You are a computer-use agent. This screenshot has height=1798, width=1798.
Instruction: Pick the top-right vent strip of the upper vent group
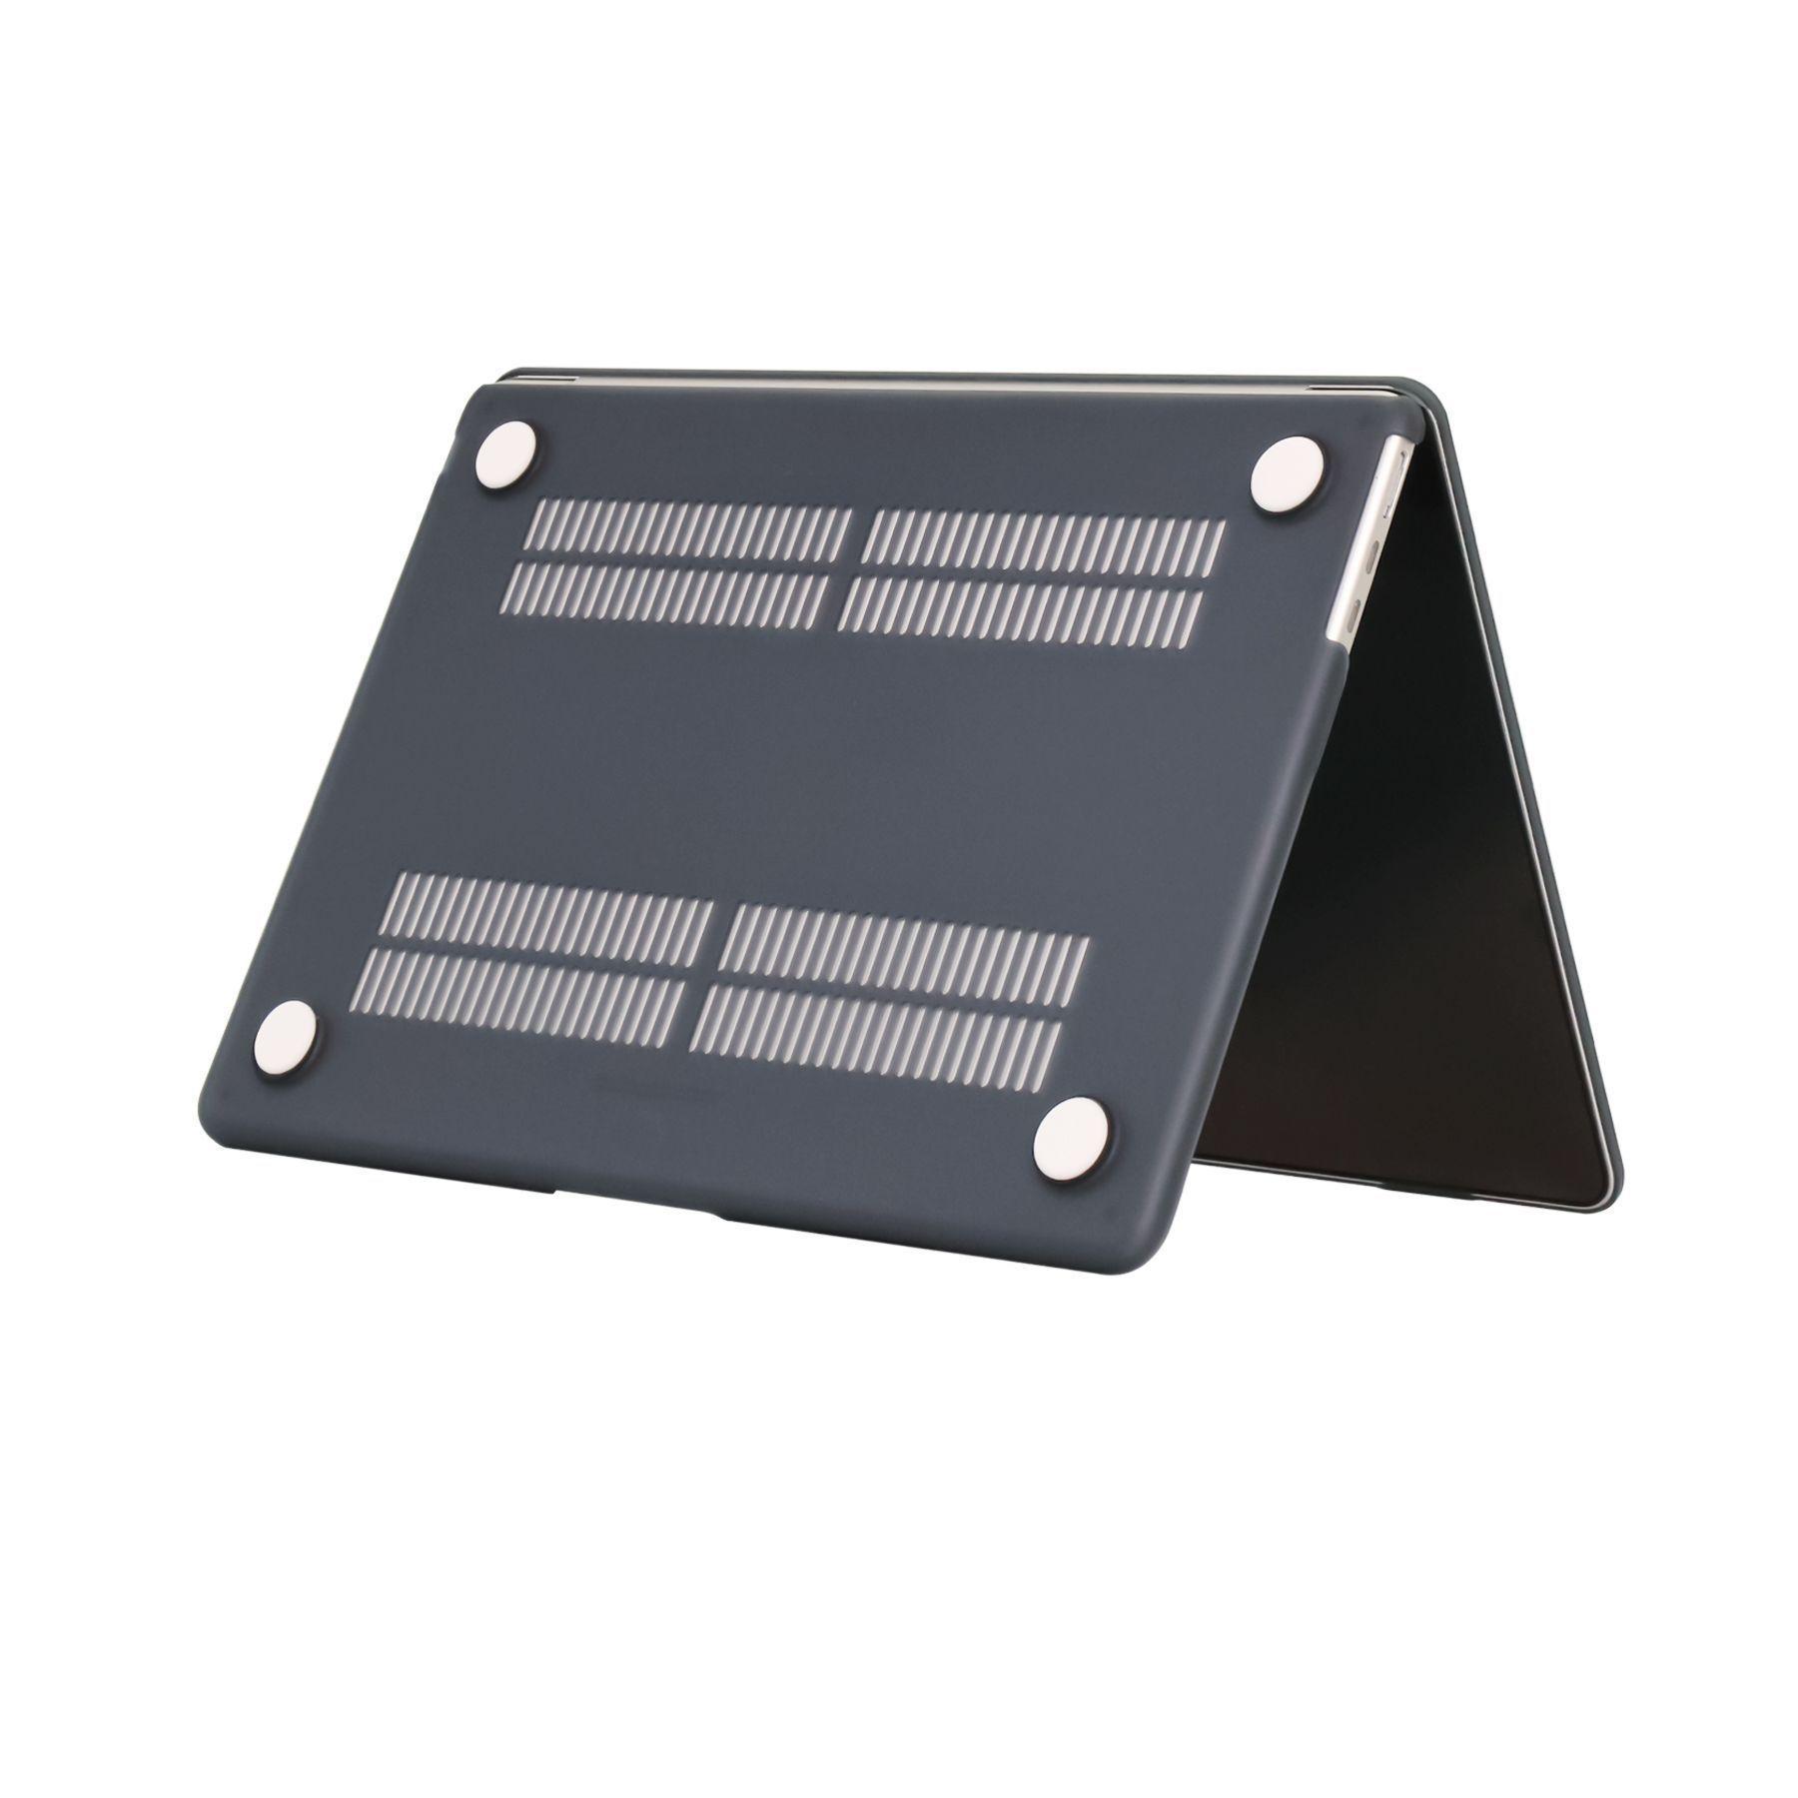point(1044,540)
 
